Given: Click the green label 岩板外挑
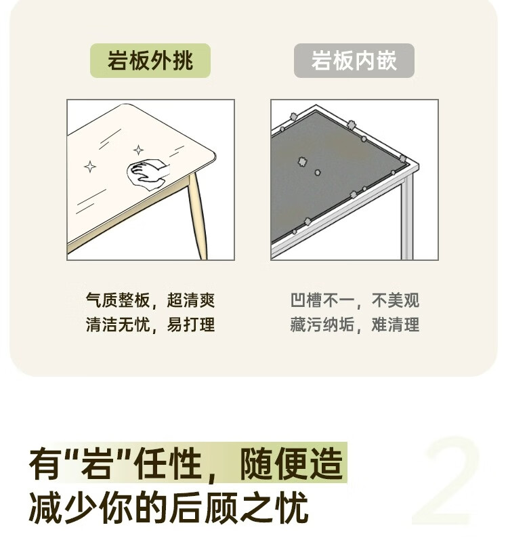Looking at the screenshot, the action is pyautogui.click(x=150, y=60).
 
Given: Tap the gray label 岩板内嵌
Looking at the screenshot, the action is pyautogui.click(x=354, y=60).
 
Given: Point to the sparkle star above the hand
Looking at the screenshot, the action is pyautogui.click(x=138, y=150).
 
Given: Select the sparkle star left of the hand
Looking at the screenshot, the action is pyautogui.click(x=90, y=167).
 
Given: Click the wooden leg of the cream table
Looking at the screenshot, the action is pyautogui.click(x=197, y=216).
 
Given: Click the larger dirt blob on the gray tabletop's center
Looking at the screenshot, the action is pyautogui.click(x=302, y=162).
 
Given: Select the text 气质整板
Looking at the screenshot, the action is pyautogui.click(x=118, y=300).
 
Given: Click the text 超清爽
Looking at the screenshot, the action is pyautogui.click(x=191, y=300).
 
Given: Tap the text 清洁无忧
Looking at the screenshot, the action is pyautogui.click(x=118, y=325).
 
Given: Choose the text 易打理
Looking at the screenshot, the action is pyautogui.click(x=191, y=325).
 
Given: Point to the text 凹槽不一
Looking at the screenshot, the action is pyautogui.click(x=322, y=300).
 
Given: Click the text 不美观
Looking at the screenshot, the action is pyautogui.click(x=395, y=300).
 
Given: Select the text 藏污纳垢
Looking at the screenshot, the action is pyautogui.click(x=322, y=325).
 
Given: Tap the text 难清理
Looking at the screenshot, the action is pyautogui.click(x=395, y=325).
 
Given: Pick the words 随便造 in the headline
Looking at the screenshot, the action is pyautogui.click(x=291, y=464).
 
